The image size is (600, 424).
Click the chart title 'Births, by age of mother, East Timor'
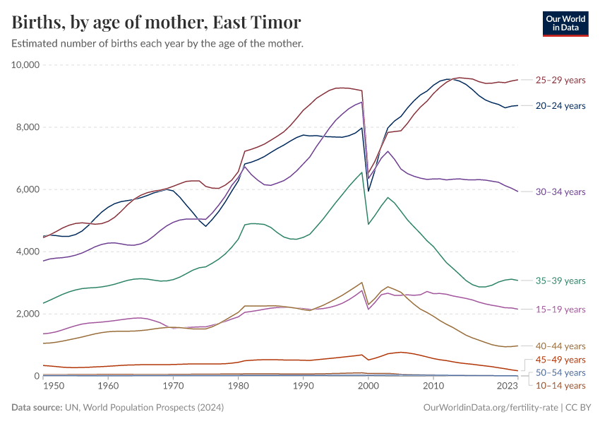156,23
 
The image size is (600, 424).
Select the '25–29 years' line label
560,80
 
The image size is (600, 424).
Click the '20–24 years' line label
560,106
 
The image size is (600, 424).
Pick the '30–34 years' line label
560,192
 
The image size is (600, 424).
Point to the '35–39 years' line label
560,281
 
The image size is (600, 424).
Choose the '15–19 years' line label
560,310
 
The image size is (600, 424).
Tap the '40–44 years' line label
560,346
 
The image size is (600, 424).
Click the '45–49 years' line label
560,360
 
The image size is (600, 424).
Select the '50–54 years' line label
560,372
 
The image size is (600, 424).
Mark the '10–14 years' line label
560,385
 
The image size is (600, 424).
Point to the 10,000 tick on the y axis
26,65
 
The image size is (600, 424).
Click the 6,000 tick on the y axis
28,189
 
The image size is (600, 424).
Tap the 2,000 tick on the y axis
28,314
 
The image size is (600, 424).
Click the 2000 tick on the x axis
368,386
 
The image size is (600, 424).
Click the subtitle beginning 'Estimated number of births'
157,44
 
